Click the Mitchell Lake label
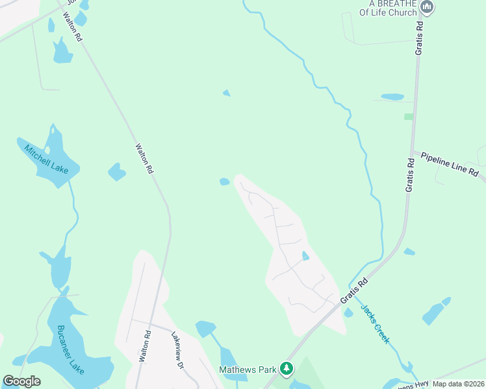pyautogui.click(x=45, y=159)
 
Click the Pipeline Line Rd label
pyautogui.click(x=449, y=165)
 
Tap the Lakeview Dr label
pyautogui.click(x=178, y=351)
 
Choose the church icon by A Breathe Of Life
pyautogui.click(x=427, y=8)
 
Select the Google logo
pyautogui.click(x=21, y=381)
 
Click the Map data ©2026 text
pyautogui.click(x=458, y=384)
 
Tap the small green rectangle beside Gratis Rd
pyautogui.click(x=408, y=117)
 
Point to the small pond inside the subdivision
pyautogui.click(x=305, y=256)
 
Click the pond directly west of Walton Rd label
pyautogui.click(x=116, y=172)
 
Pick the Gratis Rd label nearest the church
pyautogui.click(x=420, y=39)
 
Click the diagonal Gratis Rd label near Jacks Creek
pyautogui.click(x=354, y=292)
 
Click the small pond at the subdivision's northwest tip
pyautogui.click(x=224, y=182)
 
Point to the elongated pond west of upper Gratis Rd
pyautogui.click(x=392, y=97)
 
